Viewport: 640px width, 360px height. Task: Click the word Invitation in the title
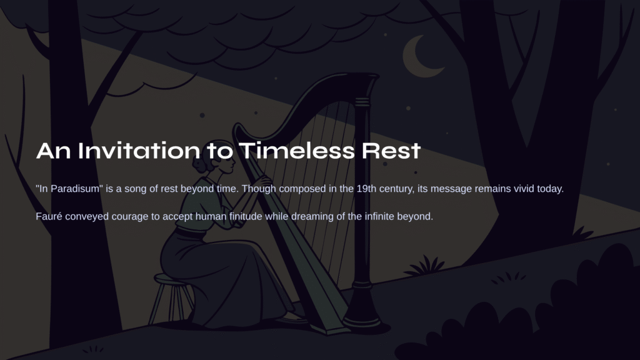coord(139,151)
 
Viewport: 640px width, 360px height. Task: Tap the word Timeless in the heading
coord(297,151)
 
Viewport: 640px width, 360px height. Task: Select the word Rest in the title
coord(391,151)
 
